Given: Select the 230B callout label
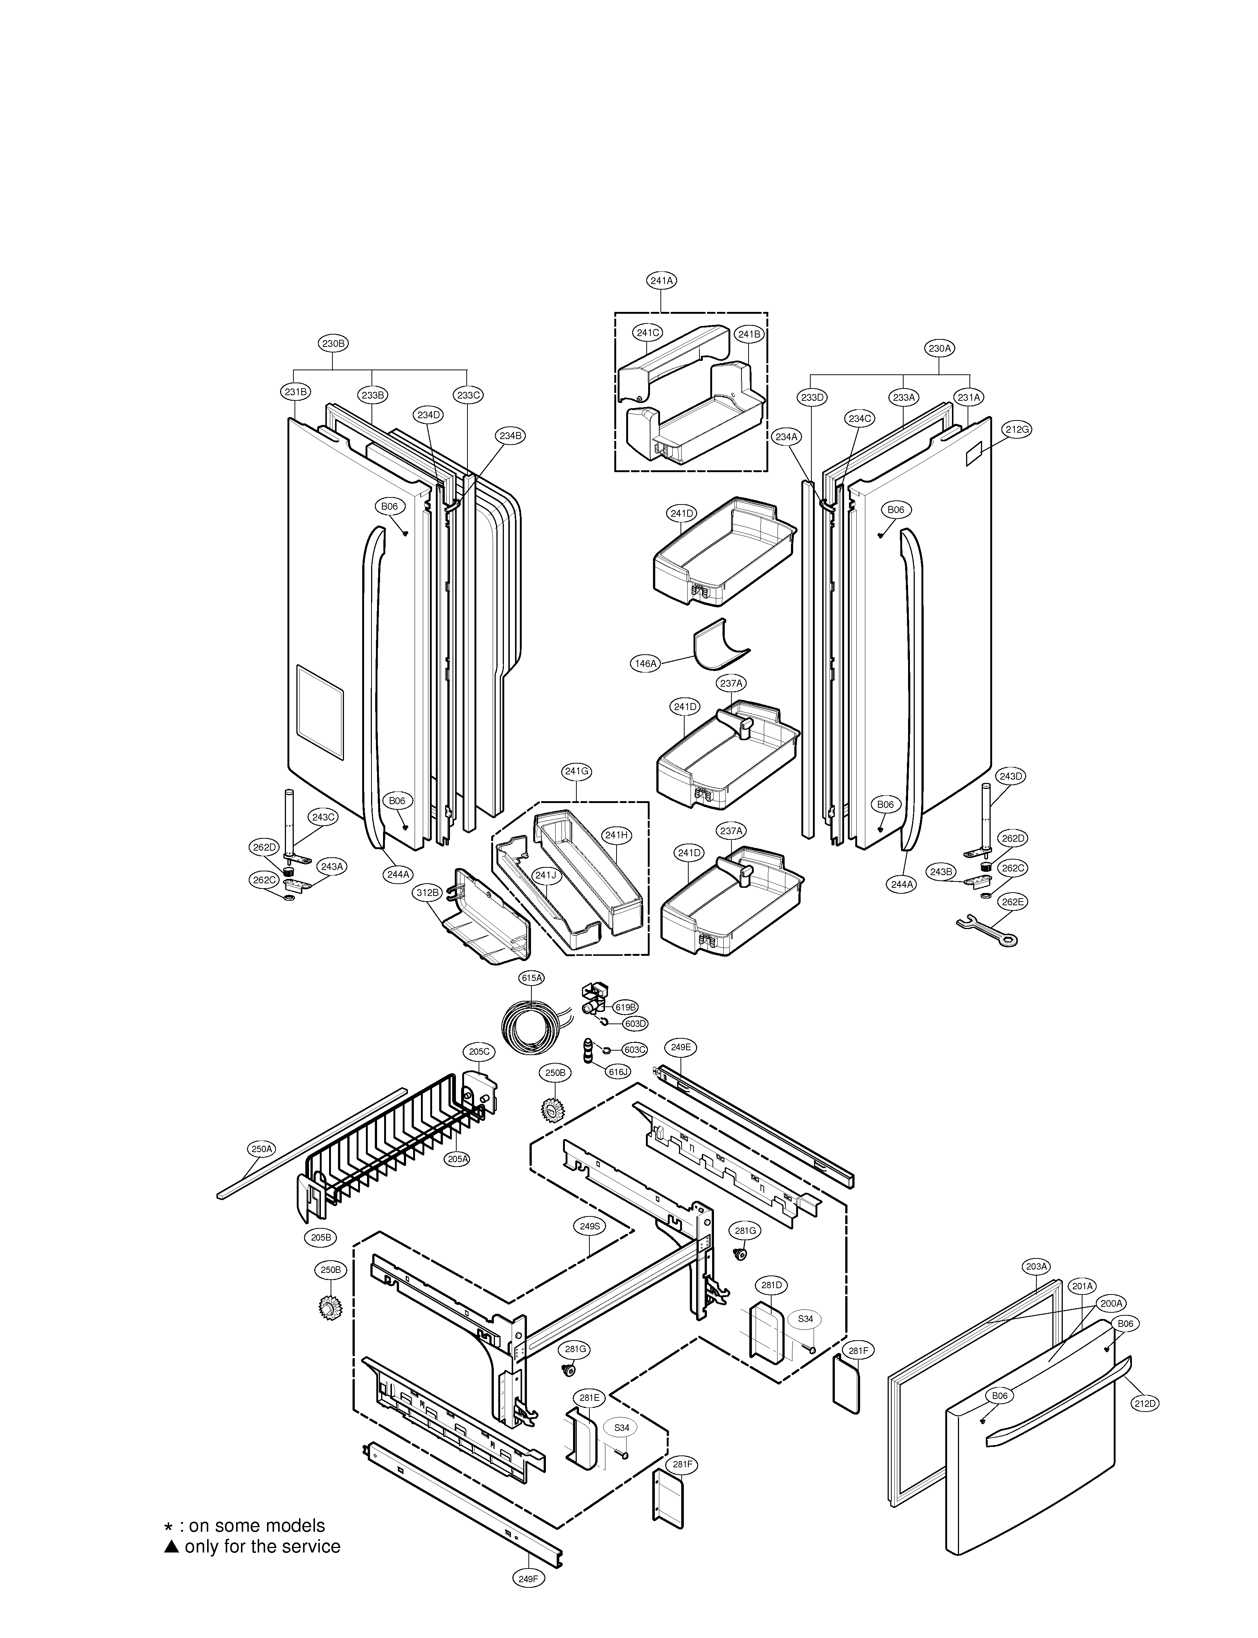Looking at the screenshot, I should pyautogui.click(x=333, y=344).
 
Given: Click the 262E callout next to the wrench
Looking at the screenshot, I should pyautogui.click(x=1011, y=902).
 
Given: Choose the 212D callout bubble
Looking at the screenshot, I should pyautogui.click(x=1144, y=1404).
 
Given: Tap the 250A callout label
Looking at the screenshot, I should pyautogui.click(x=261, y=1148).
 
